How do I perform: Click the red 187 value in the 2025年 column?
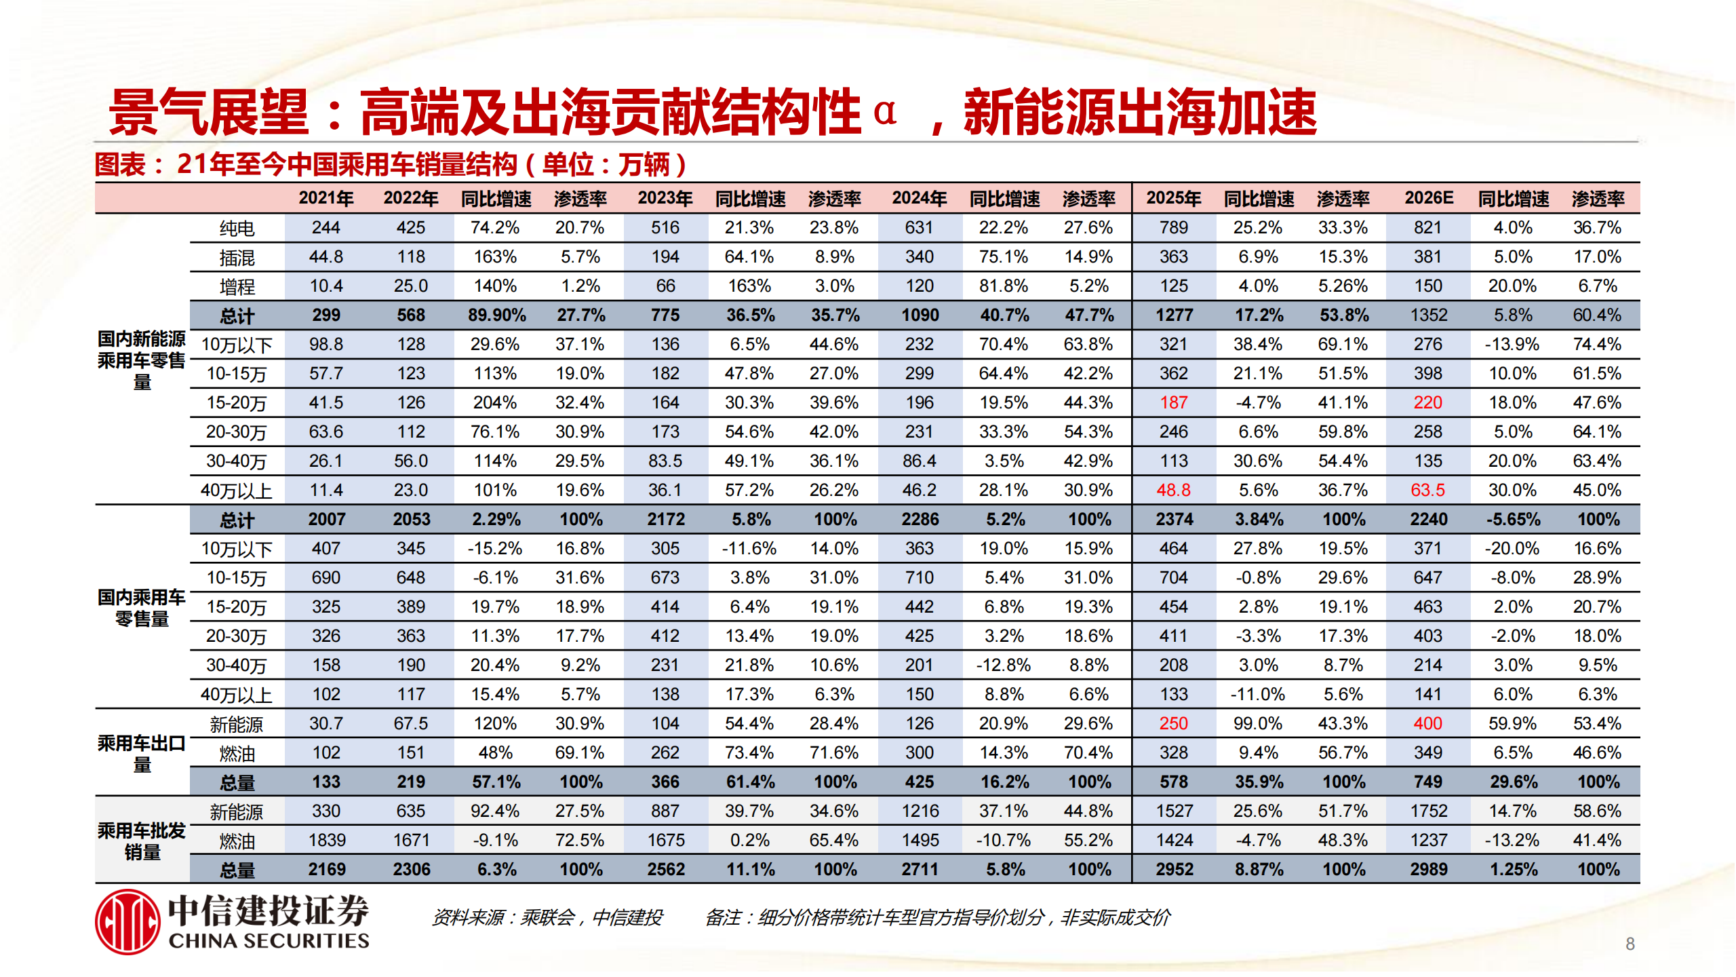pos(1173,402)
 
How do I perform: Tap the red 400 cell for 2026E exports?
pos(1427,723)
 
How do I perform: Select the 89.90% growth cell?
pos(496,315)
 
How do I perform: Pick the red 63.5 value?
pos(1427,490)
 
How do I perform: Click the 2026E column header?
pos(1428,198)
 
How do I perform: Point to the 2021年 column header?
pos(326,198)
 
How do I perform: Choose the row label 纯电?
pos(237,228)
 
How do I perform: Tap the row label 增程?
pos(237,286)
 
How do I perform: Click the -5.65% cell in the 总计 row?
pos(1513,519)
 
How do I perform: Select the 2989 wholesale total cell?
pos(1428,869)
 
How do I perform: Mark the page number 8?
pos(1630,944)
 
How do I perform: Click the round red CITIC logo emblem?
pos(127,921)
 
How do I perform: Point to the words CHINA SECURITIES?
pos(269,941)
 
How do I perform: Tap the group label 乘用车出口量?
pos(142,753)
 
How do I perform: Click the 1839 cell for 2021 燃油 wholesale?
pos(326,840)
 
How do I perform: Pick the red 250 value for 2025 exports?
pos(1173,723)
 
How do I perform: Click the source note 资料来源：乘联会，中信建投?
pos(547,918)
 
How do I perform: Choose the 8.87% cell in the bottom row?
pos(1259,869)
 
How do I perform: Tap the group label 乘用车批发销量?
pos(142,841)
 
